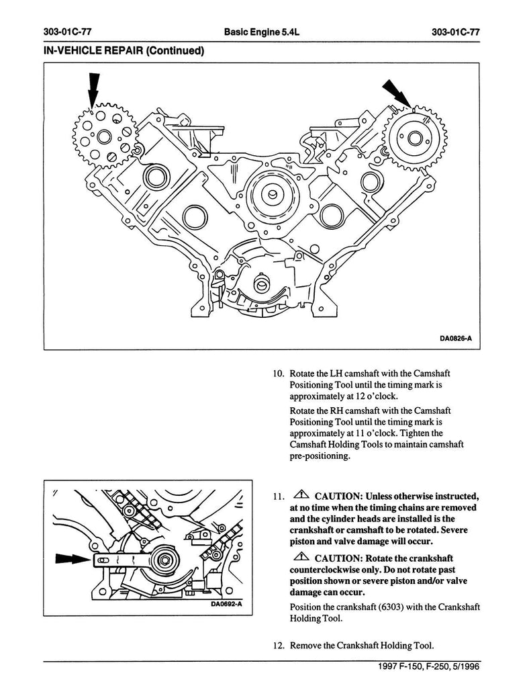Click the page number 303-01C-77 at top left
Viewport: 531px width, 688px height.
point(68,32)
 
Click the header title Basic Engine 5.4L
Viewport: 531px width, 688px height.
point(261,32)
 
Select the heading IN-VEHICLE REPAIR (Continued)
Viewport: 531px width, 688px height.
point(124,51)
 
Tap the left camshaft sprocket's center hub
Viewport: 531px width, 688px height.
point(105,136)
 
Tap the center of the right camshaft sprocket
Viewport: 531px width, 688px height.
point(415,138)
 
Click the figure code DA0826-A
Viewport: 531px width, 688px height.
point(456,339)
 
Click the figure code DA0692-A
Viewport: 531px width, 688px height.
point(226,604)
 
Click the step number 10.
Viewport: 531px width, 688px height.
point(279,374)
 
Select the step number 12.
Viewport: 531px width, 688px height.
point(279,646)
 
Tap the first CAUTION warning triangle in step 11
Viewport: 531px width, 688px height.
point(301,495)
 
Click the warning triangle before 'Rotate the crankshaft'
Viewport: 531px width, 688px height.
point(301,557)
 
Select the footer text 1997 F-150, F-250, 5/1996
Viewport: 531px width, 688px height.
point(429,667)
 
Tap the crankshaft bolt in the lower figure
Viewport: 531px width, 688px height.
point(164,560)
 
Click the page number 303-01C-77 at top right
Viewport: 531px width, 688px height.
point(456,32)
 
